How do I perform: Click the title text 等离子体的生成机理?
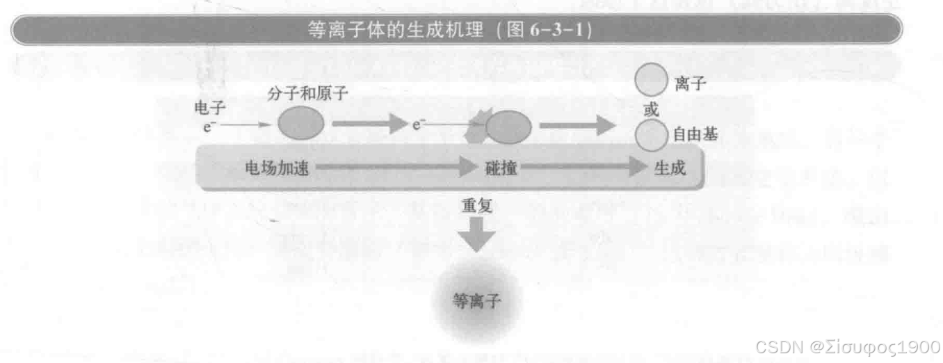point(394,31)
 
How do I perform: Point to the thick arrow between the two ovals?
point(368,125)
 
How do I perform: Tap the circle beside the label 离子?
point(651,81)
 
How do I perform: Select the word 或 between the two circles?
point(651,110)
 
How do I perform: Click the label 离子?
point(690,85)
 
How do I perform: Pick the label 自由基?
point(695,135)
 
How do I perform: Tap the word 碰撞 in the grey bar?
point(500,168)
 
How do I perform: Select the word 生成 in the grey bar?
point(669,168)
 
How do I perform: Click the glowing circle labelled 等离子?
point(476,301)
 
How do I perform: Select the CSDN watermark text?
point(846,346)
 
